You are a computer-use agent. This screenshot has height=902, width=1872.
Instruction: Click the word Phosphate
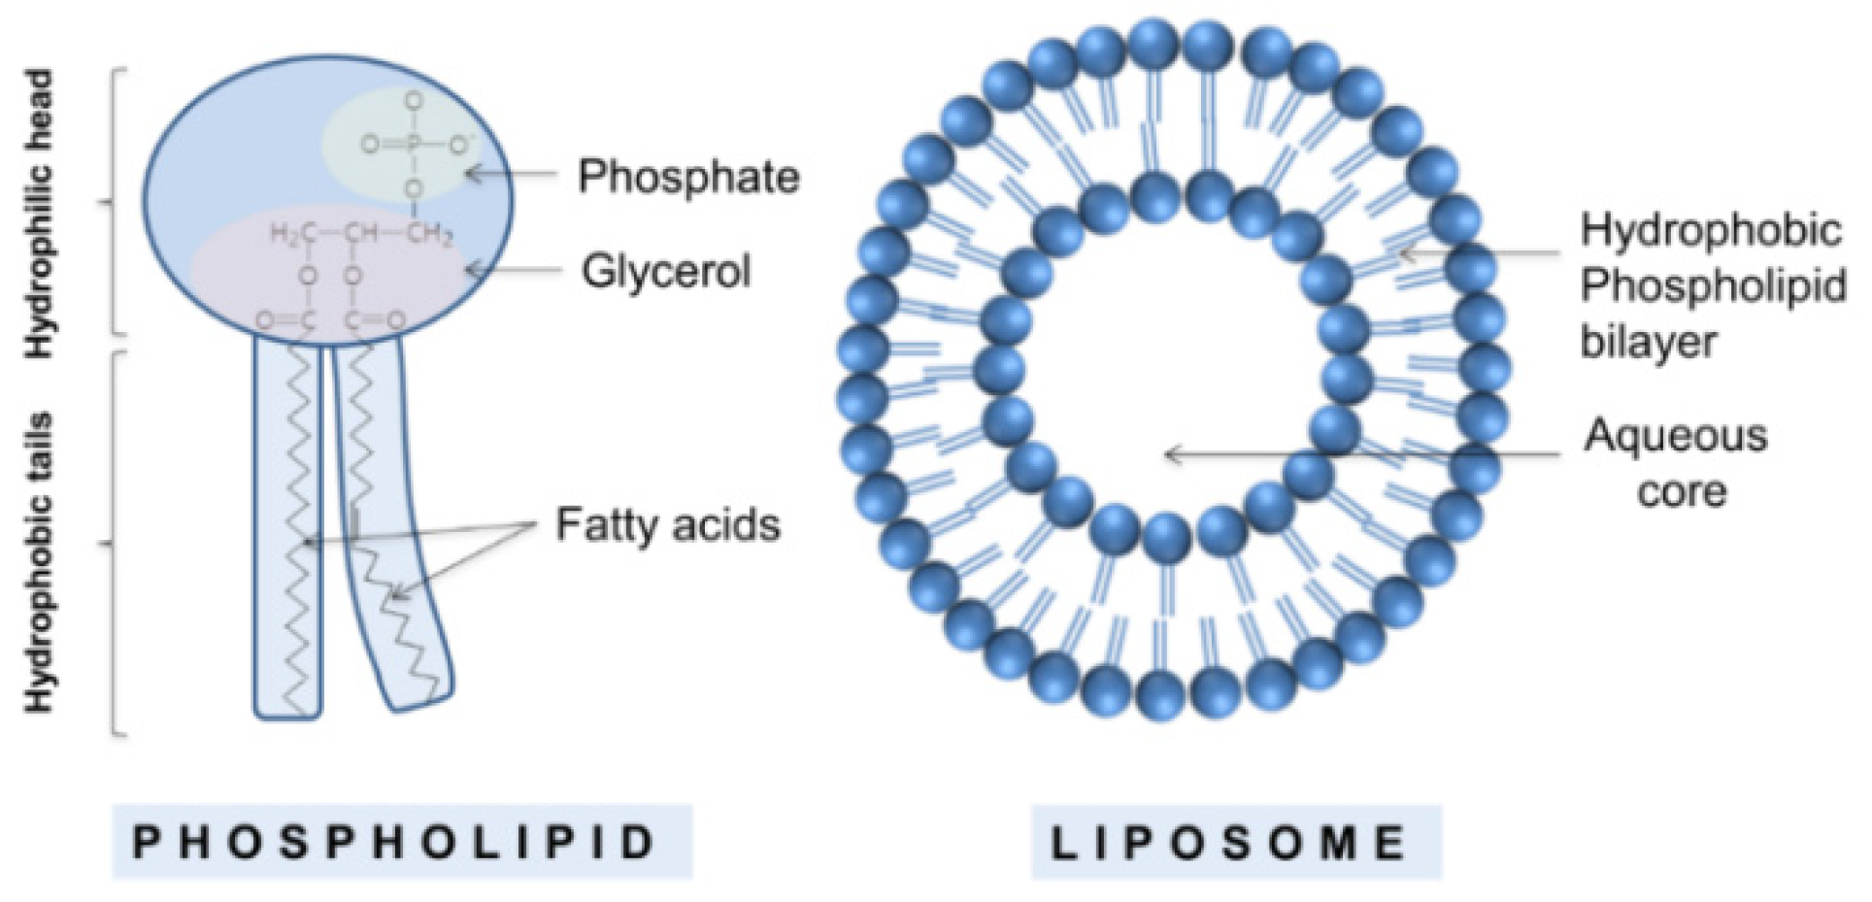(688, 178)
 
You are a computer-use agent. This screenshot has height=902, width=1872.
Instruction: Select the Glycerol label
(666, 271)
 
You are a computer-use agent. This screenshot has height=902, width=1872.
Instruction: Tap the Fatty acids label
(668, 525)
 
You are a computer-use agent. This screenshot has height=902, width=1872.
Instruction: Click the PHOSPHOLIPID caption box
(402, 842)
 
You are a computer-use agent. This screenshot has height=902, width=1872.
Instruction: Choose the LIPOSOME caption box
(1235, 842)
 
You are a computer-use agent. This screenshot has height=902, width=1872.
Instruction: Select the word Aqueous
(1676, 436)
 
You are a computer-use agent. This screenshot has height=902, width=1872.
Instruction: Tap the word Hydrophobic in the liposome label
(1711, 230)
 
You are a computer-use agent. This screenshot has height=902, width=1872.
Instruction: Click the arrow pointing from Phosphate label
(512, 175)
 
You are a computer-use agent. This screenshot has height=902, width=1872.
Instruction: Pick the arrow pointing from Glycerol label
(515, 269)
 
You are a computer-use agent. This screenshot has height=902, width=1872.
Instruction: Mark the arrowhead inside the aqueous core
(1175, 453)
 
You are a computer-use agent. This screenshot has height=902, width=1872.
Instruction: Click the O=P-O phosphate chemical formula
(413, 146)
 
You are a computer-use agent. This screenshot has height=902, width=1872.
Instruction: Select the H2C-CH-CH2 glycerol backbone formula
(360, 234)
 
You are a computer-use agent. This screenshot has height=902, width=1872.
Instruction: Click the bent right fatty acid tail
(388, 544)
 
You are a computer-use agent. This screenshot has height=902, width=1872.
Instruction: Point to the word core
(1682, 491)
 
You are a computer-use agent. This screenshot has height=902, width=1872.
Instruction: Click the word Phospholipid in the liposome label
(1713, 286)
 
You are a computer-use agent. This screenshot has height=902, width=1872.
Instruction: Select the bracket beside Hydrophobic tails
(117, 544)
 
